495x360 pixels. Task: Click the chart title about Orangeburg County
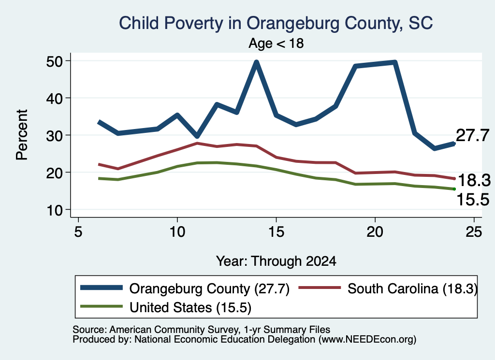pos(276,23)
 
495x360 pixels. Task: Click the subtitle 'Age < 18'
pos(276,43)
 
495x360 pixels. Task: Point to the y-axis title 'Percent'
pos(22,135)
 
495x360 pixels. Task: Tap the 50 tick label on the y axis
pos(55,61)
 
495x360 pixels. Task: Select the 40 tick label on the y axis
pos(55,99)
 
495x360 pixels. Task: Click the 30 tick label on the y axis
pos(55,136)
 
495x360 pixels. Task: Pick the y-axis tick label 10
pos(55,210)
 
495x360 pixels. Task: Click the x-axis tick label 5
pos(78,232)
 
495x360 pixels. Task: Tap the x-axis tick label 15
pos(276,232)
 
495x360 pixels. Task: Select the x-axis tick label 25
pos(474,232)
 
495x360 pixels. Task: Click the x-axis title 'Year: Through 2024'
pos(276,261)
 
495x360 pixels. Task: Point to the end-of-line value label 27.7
pos(473,135)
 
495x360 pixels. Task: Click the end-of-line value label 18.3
pos(474,180)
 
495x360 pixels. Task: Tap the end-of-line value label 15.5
pos(473,200)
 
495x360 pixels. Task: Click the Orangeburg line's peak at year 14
pos(256,62)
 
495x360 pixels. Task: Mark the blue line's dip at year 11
pos(197,136)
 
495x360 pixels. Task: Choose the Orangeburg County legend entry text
pos(209,288)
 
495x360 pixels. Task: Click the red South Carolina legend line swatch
pos(320,288)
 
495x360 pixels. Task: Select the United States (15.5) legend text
pos(190,307)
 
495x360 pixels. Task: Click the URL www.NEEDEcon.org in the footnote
pos(367,340)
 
